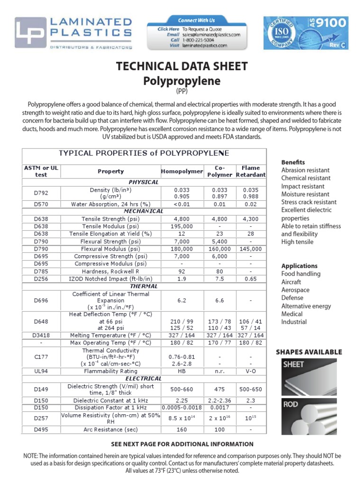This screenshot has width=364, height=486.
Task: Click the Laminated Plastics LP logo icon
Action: (30, 33)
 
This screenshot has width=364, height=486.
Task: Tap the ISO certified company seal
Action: (282, 33)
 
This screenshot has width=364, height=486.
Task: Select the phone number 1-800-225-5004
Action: (199, 40)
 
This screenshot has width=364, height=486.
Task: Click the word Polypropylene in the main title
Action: (182, 81)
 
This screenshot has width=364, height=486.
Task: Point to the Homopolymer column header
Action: (182, 171)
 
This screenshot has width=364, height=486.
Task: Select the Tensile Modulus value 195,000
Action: (182, 226)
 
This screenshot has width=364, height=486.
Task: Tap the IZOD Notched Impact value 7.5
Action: (219, 279)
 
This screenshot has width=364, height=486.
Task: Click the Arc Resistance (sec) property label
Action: (111, 430)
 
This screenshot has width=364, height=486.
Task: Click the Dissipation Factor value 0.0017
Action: (219, 407)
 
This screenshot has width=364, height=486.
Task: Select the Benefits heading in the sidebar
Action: (293, 162)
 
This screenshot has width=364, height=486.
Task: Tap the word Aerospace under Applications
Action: (295, 290)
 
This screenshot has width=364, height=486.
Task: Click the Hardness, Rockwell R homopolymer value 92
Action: (182, 271)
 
